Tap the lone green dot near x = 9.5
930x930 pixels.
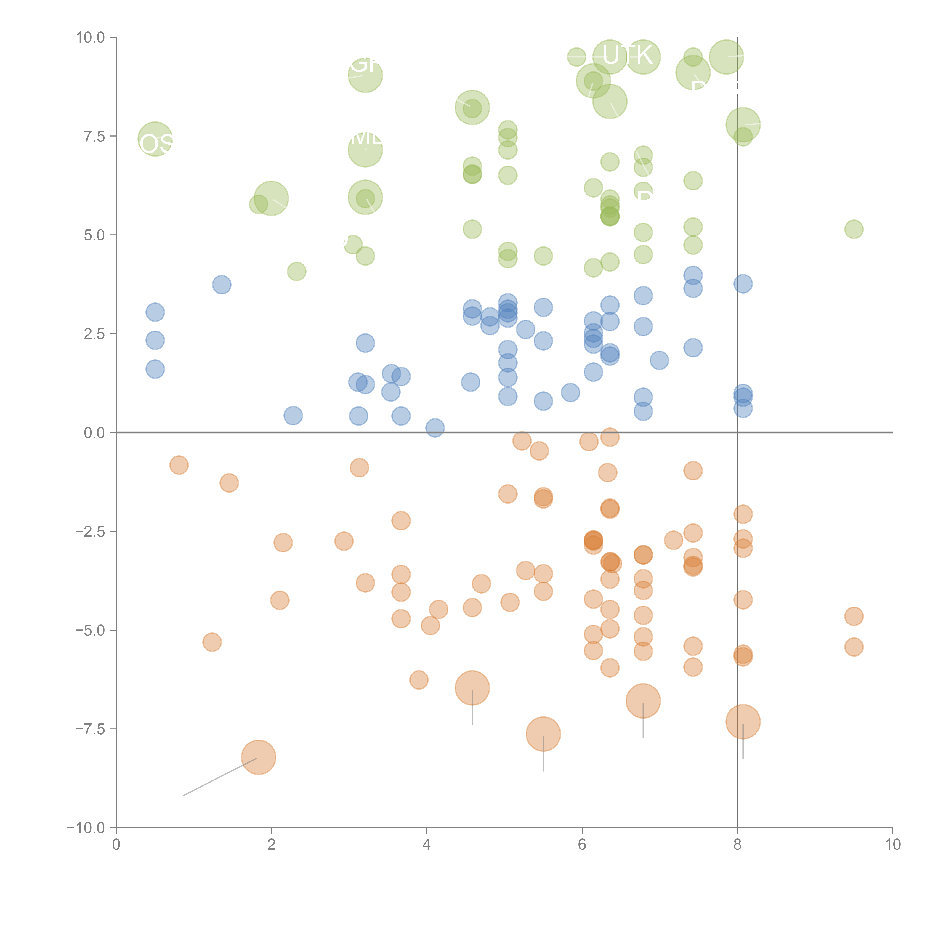click(854, 229)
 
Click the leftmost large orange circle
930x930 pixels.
click(259, 757)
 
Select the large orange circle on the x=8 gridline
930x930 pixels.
click(743, 721)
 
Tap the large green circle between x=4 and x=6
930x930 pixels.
click(472, 107)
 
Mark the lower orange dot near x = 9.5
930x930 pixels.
click(854, 647)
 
